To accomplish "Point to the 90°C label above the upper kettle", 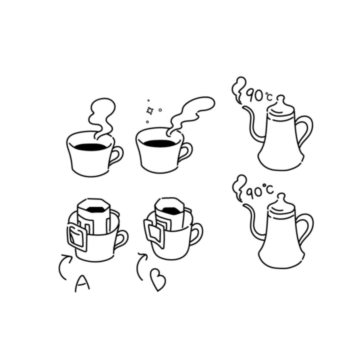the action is [259, 96].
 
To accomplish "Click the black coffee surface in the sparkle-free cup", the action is [90, 147].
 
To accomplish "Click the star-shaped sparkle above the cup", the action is [150, 111].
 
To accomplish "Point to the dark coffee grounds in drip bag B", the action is [170, 209].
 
